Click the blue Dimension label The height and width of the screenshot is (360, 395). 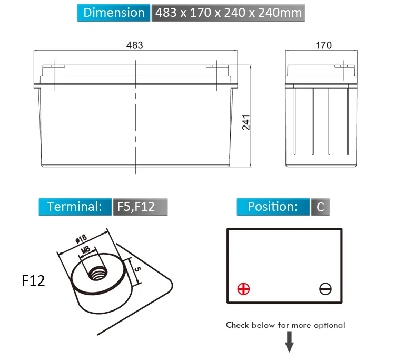point(114,13)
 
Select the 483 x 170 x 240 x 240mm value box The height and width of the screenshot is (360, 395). point(228,13)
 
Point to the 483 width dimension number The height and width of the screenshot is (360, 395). point(134,45)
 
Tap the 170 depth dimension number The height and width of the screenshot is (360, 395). point(324,45)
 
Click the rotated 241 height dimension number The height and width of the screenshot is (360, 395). point(246,122)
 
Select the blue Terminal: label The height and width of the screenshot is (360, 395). point(75,207)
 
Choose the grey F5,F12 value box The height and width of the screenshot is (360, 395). point(140,207)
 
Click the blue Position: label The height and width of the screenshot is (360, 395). point(273,207)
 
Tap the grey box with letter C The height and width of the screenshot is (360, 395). point(320,207)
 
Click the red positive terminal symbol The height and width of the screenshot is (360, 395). point(244,289)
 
